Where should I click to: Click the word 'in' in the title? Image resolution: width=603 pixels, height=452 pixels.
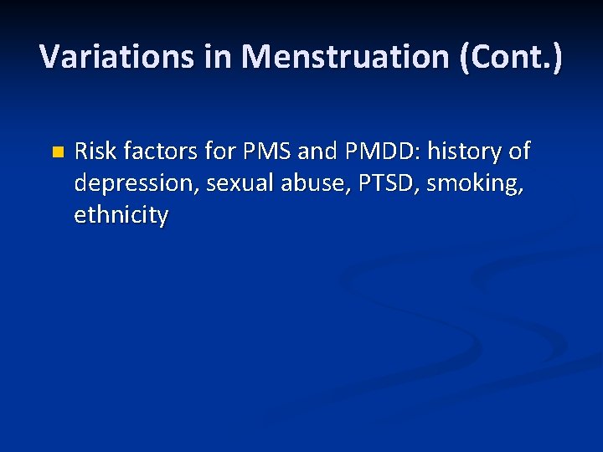point(223,56)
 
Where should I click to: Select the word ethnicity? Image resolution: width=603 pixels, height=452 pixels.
point(121,215)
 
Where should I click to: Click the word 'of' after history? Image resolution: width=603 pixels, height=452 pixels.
point(519,152)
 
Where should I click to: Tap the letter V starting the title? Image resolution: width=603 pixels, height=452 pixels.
point(49,56)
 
